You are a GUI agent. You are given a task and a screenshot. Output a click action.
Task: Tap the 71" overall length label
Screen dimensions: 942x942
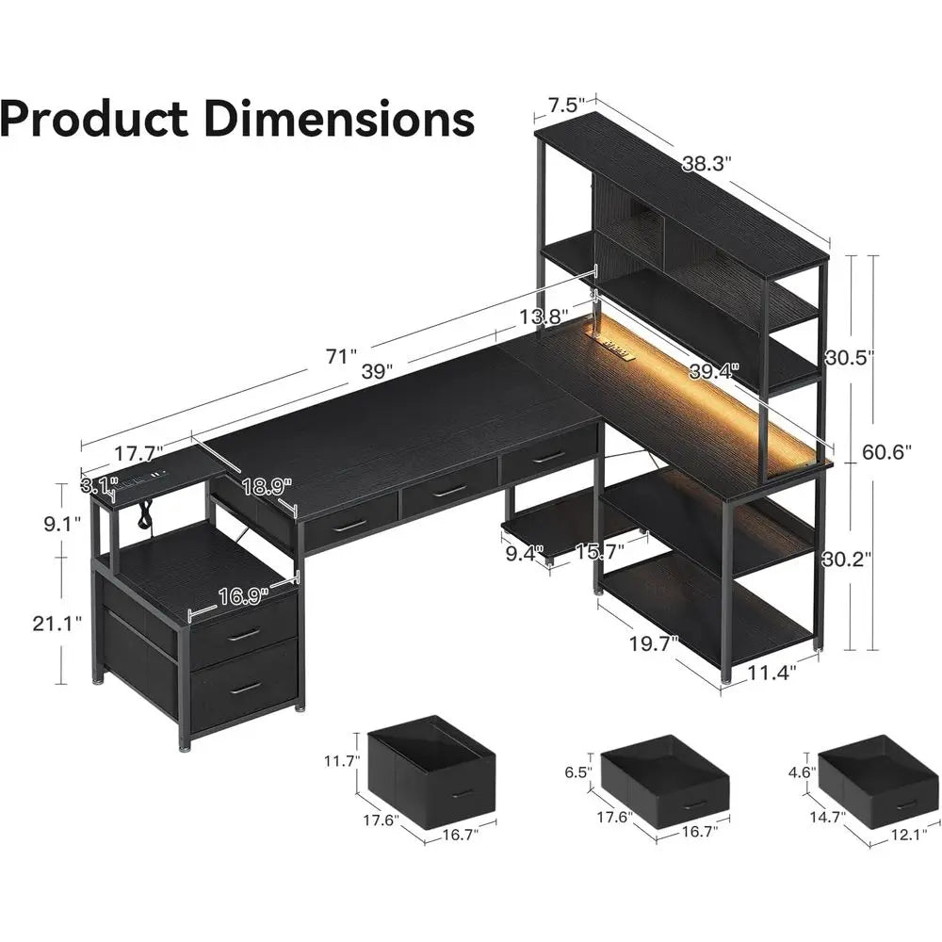point(341,357)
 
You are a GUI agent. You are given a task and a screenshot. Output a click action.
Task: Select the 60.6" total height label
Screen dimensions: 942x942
point(886,452)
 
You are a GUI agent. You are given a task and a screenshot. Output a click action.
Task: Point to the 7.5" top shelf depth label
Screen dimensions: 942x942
point(568,101)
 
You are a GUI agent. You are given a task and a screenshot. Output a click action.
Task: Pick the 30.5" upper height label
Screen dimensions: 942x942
point(849,357)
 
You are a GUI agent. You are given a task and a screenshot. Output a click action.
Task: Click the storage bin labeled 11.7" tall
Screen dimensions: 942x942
point(431,771)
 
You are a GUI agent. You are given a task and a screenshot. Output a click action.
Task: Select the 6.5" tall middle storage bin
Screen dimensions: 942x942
point(664,779)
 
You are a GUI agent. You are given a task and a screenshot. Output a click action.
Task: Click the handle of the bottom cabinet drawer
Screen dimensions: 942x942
point(245,689)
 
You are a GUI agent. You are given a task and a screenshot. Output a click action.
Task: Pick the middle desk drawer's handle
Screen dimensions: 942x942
point(449,491)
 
